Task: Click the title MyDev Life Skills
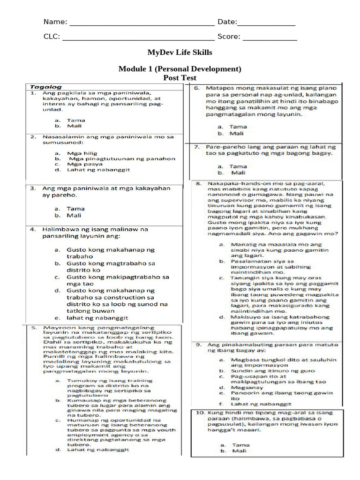point(180,52)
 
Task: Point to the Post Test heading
point(180,78)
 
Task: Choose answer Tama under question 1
point(75,120)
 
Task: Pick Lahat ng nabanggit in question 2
point(98,170)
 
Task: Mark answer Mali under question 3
point(74,215)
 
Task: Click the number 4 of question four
point(33,230)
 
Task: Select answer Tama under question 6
point(238,127)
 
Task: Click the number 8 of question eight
point(198,183)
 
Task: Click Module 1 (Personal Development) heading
point(180,69)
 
